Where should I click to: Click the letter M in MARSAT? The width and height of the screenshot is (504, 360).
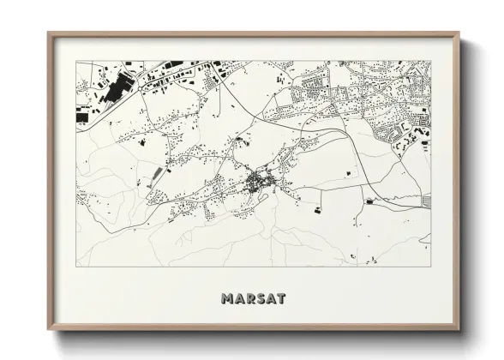click(226, 299)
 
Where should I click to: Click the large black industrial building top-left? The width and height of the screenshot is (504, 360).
click(120, 83)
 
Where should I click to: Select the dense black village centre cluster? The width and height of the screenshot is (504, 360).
click(258, 182)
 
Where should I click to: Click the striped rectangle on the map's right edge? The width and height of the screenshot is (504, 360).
click(426, 201)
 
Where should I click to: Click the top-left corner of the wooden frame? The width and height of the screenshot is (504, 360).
click(48, 33)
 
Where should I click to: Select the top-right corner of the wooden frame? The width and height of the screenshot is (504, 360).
click(459, 33)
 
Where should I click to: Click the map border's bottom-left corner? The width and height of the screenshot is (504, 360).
click(77, 267)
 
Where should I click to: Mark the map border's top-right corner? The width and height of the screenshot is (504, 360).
click(430, 61)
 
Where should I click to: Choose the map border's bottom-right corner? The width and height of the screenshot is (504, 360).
click(430, 267)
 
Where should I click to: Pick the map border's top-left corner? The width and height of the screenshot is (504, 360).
click(77, 61)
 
